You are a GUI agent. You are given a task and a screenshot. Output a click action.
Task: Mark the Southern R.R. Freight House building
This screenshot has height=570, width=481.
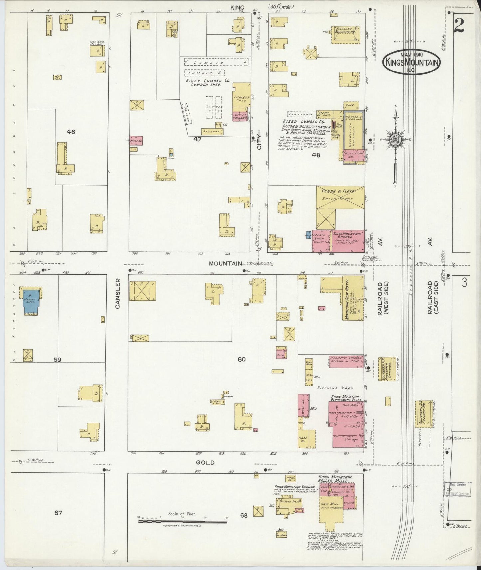coord(423,414)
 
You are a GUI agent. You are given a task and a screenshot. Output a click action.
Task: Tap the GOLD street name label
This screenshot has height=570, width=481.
coord(205,463)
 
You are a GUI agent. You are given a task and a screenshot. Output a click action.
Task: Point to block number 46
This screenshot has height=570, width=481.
coord(71,132)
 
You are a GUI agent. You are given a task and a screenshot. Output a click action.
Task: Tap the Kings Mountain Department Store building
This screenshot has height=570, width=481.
coord(346,424)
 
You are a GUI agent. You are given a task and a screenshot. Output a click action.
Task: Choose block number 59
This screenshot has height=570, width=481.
coord(57,359)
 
